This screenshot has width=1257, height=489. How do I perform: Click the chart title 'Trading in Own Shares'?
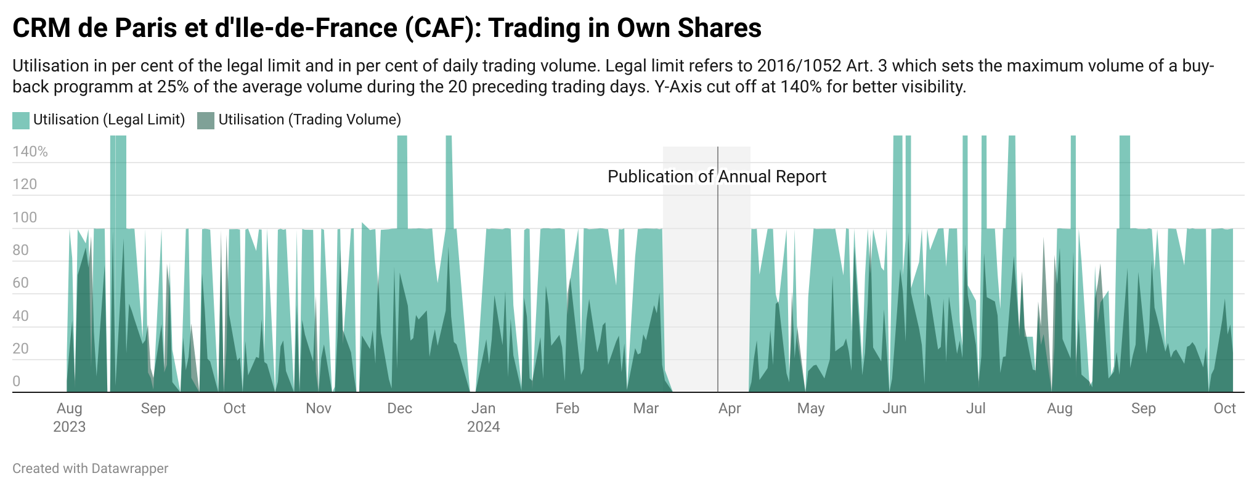pyautogui.click(x=625, y=28)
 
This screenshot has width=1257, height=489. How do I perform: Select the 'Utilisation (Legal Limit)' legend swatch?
pyautogui.click(x=20, y=120)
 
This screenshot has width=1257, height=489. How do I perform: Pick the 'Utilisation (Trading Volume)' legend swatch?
pyautogui.click(x=205, y=120)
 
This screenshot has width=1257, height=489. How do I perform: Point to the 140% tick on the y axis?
pyautogui.click(x=30, y=152)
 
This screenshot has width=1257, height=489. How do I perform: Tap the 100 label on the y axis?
pyautogui.click(x=25, y=217)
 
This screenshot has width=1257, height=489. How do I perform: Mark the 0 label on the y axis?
pyautogui.click(x=17, y=381)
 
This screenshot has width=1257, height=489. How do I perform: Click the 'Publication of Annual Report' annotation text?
pyautogui.click(x=717, y=177)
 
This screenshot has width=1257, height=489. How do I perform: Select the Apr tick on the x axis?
pyautogui.click(x=730, y=408)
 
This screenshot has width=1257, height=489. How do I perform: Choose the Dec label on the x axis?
pyautogui.click(x=399, y=408)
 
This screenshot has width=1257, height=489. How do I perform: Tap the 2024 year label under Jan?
pyautogui.click(x=483, y=427)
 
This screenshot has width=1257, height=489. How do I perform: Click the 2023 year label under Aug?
pyautogui.click(x=69, y=427)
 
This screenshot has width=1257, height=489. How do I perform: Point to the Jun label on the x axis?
pyautogui.click(x=894, y=408)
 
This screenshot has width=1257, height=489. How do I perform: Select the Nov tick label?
pyautogui.click(x=319, y=408)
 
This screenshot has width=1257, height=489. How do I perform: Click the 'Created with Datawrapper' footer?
pyautogui.click(x=90, y=469)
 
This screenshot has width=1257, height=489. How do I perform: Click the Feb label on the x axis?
pyautogui.click(x=567, y=408)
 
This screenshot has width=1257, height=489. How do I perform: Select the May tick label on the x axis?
pyautogui.click(x=810, y=408)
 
